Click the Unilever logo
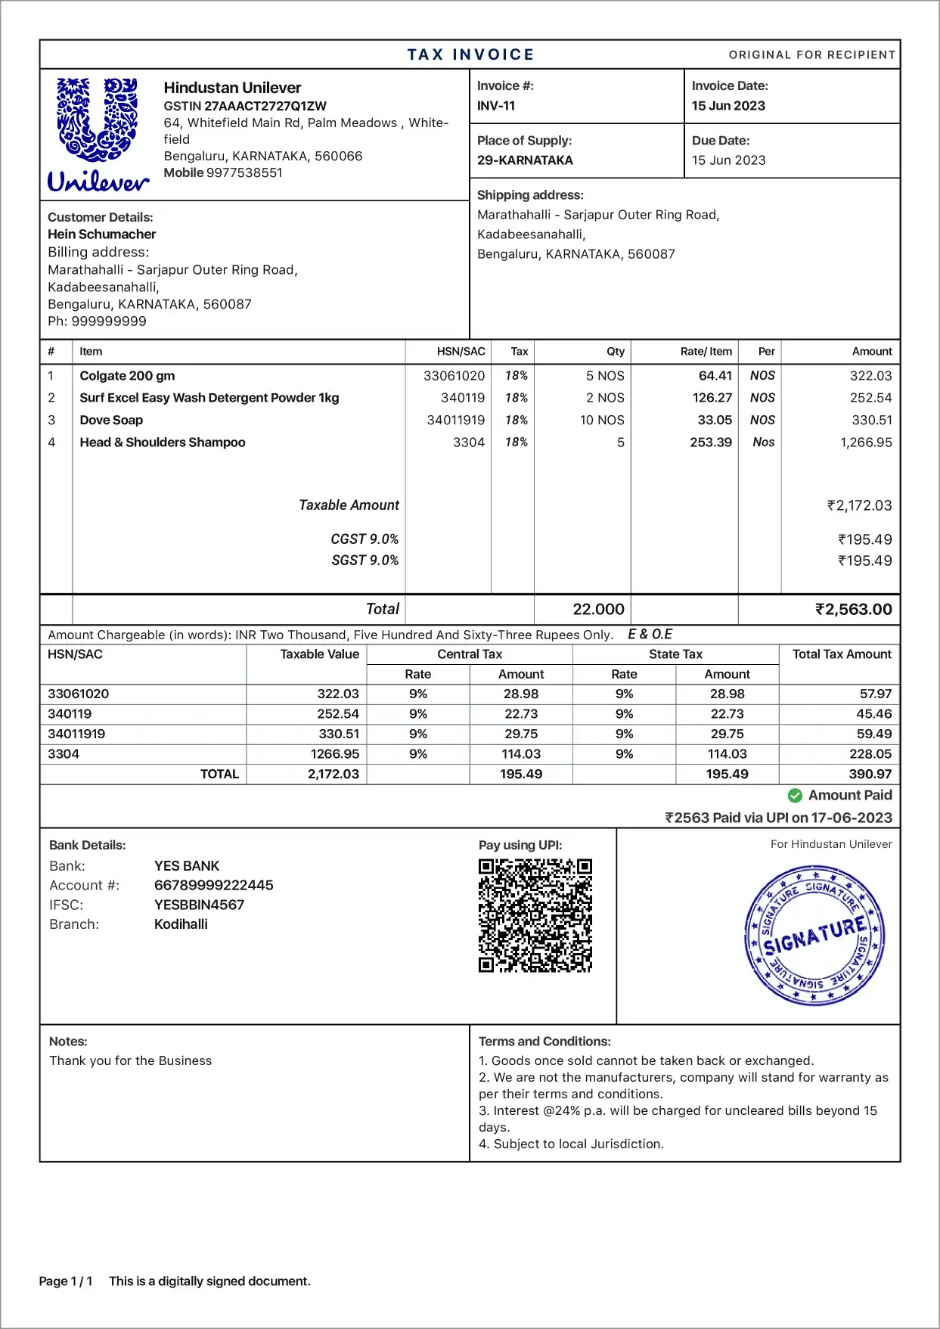[x=98, y=134]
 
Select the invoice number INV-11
[x=496, y=106]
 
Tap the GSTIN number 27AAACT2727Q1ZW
[x=265, y=106]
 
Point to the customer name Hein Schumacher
[x=102, y=234]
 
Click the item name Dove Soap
[x=111, y=420]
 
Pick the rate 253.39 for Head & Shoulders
[x=711, y=442]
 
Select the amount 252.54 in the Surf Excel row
[x=871, y=398]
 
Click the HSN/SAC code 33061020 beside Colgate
[x=454, y=376]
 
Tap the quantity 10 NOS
[x=602, y=420]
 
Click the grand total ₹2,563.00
[x=854, y=610]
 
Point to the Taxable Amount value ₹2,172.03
[x=860, y=505]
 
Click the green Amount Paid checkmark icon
[x=795, y=796]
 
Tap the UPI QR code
[x=535, y=915]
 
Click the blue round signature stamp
[x=814, y=936]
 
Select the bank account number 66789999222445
[x=214, y=886]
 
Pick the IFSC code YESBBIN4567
[x=200, y=905]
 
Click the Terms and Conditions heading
[x=544, y=1042]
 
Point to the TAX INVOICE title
[x=470, y=54]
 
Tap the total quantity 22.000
[x=598, y=610]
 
